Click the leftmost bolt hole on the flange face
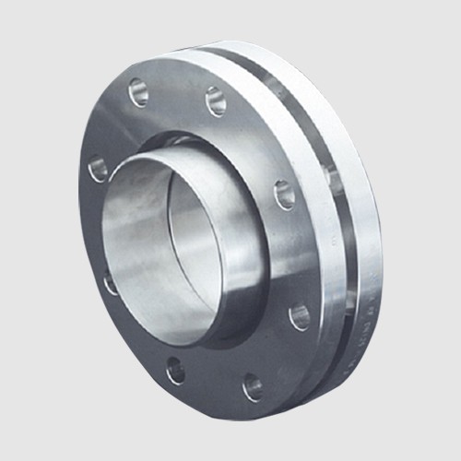tap(98, 169)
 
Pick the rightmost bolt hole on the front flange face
tap(300, 316)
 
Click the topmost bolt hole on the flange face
tap(138, 90)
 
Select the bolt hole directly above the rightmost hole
tap(285, 194)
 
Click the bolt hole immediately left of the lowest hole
tap(175, 371)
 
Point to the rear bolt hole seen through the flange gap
tap(334, 180)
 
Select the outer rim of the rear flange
tap(369, 230)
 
